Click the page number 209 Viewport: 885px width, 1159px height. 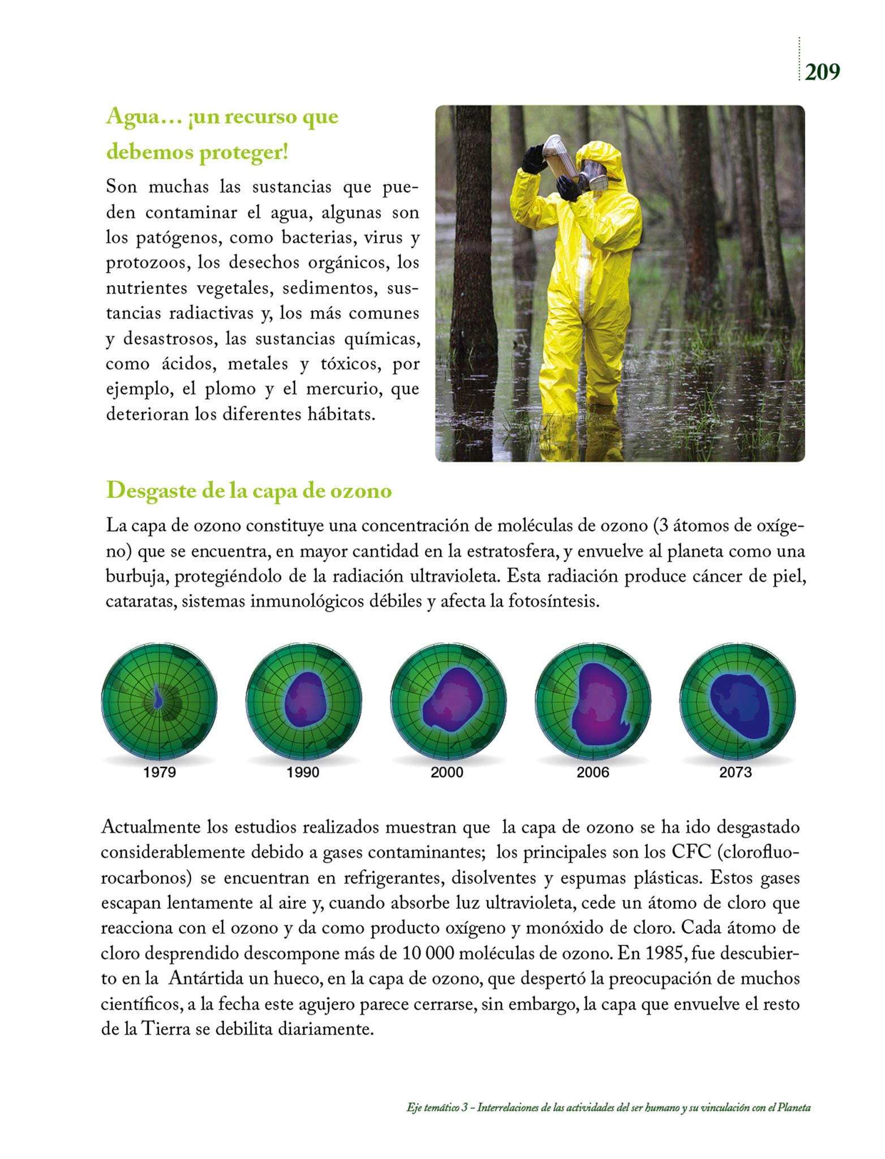822,72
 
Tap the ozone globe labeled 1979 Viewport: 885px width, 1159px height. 159,701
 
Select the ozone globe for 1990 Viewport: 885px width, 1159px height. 304,701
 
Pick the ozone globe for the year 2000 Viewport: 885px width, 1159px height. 448,701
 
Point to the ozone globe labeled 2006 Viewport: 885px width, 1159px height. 593,701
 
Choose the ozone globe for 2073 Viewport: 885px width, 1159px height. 737,701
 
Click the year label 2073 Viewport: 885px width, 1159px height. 735,772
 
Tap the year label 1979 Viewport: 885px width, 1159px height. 160,772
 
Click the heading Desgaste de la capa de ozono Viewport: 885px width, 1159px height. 249,491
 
